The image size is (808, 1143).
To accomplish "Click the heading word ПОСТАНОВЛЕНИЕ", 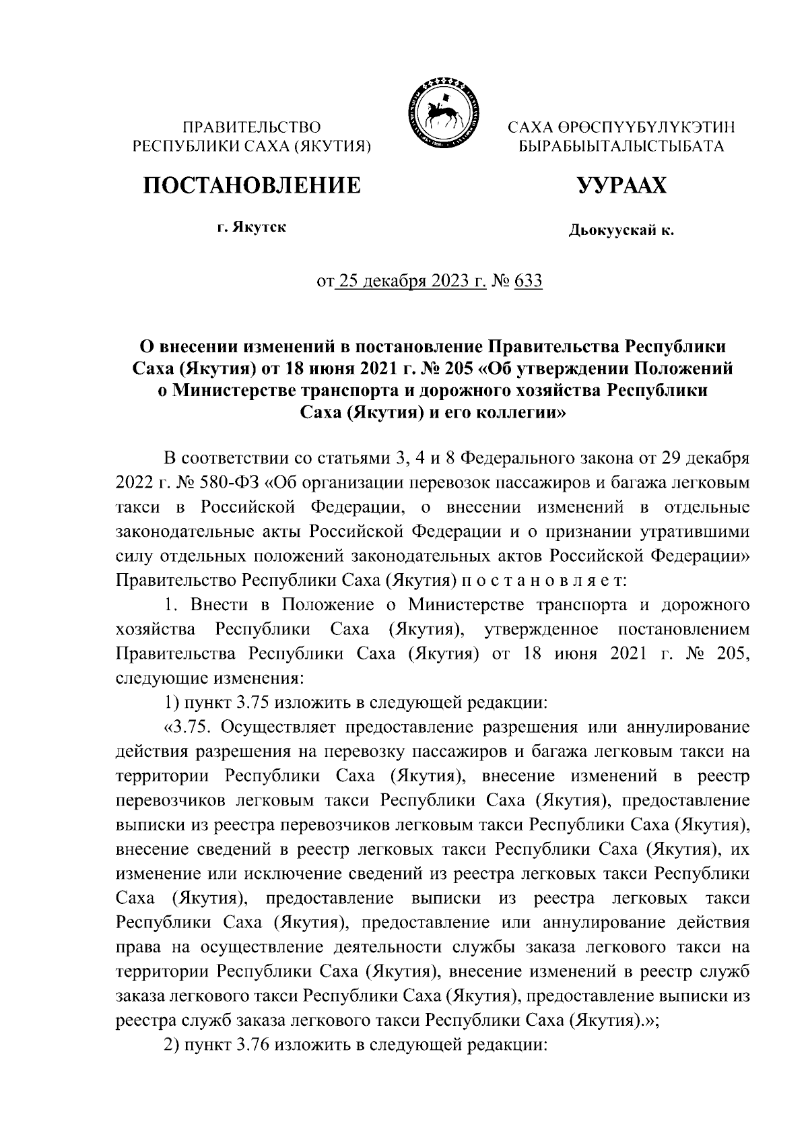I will coord(250,185).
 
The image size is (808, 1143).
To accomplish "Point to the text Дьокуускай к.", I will coord(621,232).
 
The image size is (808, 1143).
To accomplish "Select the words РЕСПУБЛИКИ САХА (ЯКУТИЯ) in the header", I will coord(252,146).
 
